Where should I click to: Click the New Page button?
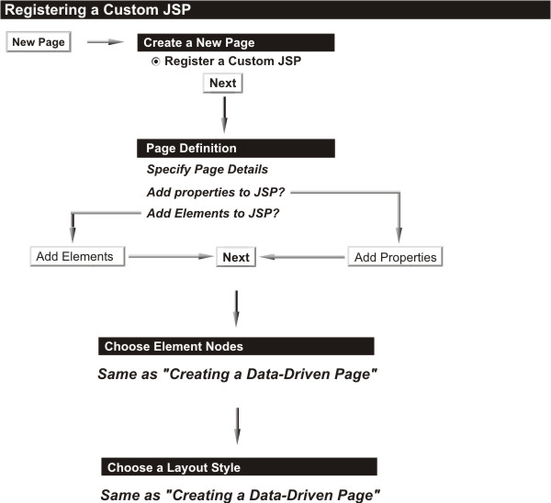39,42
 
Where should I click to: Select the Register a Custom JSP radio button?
155,61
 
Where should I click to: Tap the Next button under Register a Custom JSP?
223,84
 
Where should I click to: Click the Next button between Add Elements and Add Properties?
236,257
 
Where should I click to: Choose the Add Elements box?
77,256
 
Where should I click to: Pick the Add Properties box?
395,257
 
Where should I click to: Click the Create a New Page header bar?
236,42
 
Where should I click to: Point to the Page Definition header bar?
236,148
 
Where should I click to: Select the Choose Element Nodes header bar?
236,346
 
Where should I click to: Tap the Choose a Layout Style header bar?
239,467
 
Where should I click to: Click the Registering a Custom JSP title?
97,9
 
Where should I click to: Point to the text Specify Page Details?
208,169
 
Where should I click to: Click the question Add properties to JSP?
216,192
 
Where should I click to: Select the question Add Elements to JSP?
213,213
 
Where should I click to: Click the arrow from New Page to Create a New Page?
106,42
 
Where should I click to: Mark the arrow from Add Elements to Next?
171,257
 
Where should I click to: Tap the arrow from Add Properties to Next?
302,257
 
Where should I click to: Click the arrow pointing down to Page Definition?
225,115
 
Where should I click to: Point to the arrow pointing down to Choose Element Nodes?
237,308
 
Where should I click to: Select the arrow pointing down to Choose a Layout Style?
238,426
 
